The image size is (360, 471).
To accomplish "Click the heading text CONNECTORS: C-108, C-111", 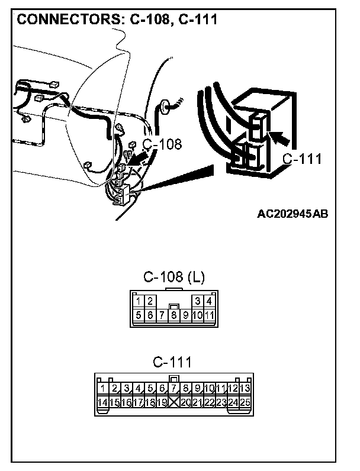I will (117, 19).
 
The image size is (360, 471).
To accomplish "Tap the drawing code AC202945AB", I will (292, 214).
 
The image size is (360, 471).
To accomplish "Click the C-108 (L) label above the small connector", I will (174, 278).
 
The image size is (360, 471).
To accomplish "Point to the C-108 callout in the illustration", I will (162, 144).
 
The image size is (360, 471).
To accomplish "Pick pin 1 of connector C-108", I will (139, 301).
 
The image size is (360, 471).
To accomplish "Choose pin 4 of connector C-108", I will (208, 301).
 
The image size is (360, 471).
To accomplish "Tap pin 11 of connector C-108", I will (208, 315).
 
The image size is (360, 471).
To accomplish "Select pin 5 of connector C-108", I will (139, 315).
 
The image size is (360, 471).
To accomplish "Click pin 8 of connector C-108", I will (173, 315).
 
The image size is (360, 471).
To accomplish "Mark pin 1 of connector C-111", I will (103, 389).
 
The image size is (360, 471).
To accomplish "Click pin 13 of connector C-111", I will (245, 389).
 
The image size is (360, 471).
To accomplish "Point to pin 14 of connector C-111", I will (102, 402).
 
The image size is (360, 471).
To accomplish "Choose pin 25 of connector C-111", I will (245, 402).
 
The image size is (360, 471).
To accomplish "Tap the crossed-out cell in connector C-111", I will (173, 402).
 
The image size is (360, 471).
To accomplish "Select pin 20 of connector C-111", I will (185, 402).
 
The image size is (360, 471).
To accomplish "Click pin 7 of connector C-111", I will (173, 389).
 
